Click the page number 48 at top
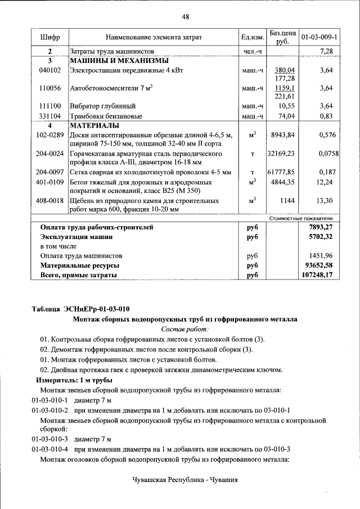click(x=185, y=16)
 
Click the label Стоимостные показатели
click(x=301, y=218)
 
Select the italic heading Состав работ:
click(x=185, y=329)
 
